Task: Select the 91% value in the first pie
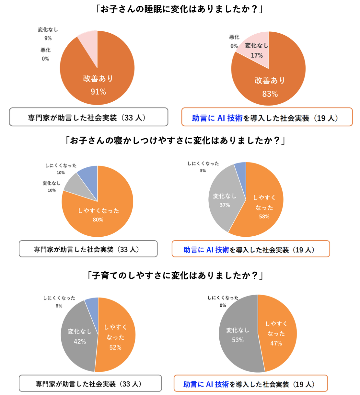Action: tap(98, 92)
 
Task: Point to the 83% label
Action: tap(270, 94)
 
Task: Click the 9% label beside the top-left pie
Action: tap(48, 38)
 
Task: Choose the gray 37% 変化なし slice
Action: tap(225, 201)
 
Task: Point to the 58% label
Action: tap(264, 216)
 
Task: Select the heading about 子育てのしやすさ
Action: tap(175, 276)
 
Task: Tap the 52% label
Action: tap(115, 347)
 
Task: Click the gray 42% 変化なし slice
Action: tap(79, 337)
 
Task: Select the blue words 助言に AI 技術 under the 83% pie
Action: tap(217, 118)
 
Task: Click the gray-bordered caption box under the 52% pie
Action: tap(90, 384)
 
